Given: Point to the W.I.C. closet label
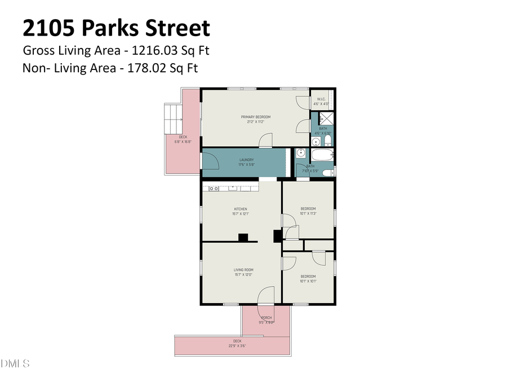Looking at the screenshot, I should [x=322, y=99].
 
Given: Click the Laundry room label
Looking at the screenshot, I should [x=246, y=160].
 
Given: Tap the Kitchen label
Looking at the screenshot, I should [x=241, y=209].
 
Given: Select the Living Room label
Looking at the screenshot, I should [x=243, y=270].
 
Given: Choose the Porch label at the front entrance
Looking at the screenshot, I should [x=266, y=318].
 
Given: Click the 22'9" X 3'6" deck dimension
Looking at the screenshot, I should [x=237, y=345].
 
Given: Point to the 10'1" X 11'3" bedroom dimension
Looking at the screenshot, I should [x=308, y=213].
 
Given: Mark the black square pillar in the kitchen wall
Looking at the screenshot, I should [x=243, y=238].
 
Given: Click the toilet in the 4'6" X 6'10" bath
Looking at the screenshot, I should [x=327, y=141].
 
